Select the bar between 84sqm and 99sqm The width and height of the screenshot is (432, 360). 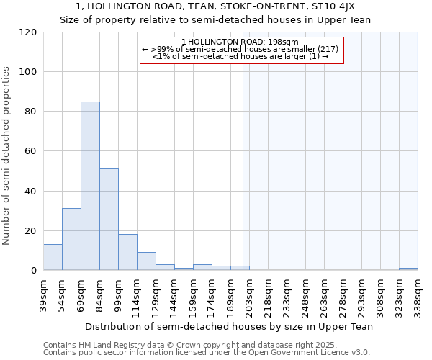109,220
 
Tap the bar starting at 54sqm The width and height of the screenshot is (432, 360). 71,239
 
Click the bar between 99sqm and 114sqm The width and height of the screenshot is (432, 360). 127,252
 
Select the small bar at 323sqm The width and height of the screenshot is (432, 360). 408,269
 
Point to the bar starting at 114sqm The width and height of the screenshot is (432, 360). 146,261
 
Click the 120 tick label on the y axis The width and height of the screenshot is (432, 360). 27,32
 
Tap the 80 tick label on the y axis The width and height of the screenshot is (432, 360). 30,112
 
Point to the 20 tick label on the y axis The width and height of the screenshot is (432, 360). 30,231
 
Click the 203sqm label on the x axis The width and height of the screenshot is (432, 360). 250,295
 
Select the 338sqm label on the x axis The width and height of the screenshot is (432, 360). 418,295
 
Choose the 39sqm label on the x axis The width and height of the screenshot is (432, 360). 44,295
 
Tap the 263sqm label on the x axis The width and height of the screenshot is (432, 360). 325,295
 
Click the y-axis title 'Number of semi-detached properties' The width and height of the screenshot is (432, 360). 7,156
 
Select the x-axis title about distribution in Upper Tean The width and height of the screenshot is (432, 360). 229,326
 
